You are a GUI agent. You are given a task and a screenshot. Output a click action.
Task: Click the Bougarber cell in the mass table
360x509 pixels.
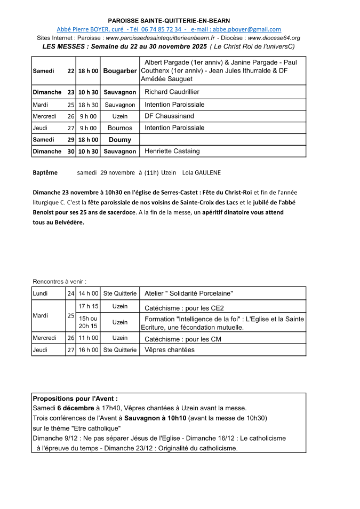tap(120, 71)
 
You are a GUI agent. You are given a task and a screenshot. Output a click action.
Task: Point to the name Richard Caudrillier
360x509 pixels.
tap(172, 92)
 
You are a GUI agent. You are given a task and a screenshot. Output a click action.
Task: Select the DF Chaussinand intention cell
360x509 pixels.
tap(170, 116)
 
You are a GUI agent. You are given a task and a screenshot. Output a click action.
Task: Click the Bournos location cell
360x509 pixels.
tap(120, 128)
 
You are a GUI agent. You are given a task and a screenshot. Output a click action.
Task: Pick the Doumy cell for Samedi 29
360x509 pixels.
tap(120, 140)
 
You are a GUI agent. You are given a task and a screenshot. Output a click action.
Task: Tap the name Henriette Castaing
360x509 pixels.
tap(172, 152)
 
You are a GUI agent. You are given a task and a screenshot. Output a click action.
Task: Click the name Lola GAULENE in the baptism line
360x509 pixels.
tap(201, 173)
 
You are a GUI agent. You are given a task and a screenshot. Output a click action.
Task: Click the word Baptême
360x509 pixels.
tap(45, 173)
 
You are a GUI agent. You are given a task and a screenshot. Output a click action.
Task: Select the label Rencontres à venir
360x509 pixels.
tap(59, 281)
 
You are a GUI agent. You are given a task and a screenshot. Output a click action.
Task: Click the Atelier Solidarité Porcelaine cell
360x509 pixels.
tap(189, 293)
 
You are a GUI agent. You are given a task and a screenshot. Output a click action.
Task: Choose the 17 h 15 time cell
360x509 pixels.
tap(89, 306)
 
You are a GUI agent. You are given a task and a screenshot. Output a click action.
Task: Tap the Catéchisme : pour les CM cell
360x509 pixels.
tap(183, 339)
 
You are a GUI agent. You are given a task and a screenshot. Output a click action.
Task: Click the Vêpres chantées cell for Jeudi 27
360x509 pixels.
tap(170, 350)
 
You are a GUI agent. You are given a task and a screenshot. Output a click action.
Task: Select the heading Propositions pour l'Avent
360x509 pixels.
tap(75, 399)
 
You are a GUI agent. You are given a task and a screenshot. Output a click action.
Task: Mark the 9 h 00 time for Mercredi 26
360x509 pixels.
tap(89, 116)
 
